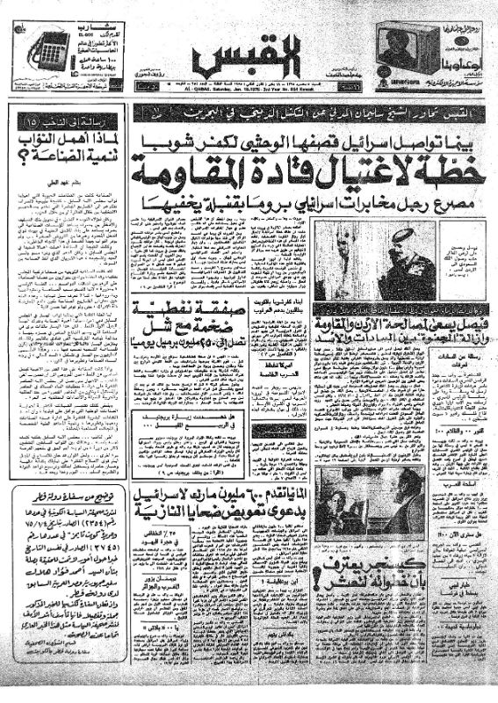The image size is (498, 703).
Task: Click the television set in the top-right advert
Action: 409,48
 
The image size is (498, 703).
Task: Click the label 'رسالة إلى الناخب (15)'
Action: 62,120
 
